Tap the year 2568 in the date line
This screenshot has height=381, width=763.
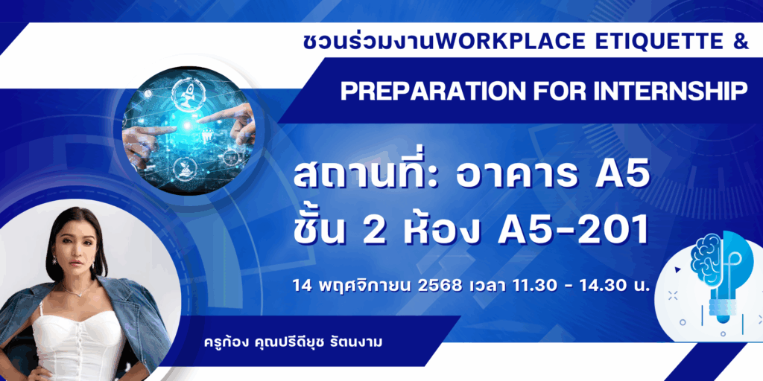[x=440, y=285]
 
